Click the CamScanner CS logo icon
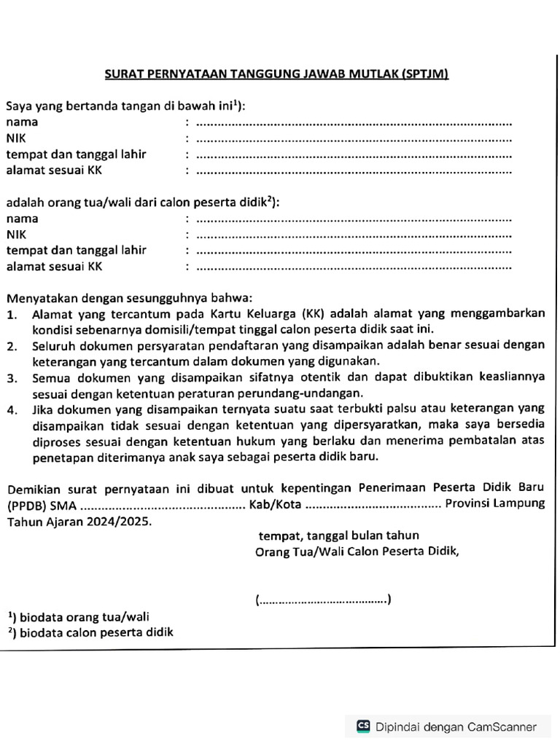(x=362, y=726)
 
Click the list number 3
(x=12, y=377)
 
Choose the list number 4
(x=12, y=410)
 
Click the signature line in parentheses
(x=324, y=600)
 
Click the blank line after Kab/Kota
(x=373, y=506)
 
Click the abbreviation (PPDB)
(x=26, y=506)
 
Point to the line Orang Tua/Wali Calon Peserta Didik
(x=357, y=551)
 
